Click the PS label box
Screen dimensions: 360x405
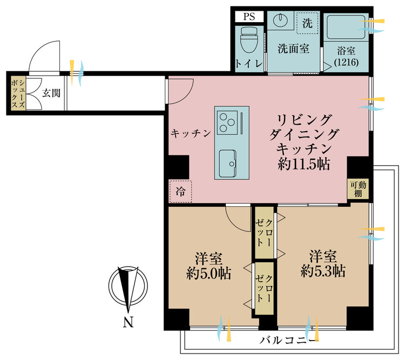tap(249, 16)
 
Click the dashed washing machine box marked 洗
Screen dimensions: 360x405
tap(307, 23)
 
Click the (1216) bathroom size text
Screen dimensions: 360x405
tap(346, 63)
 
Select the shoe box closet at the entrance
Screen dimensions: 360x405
tap(18, 93)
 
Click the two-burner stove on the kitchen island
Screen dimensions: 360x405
tap(227, 122)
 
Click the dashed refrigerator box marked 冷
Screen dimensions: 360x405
tap(180, 191)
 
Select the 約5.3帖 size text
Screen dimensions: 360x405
tap(323, 270)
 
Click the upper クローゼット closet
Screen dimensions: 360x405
tap(264, 232)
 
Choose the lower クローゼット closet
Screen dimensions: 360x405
tap(264, 288)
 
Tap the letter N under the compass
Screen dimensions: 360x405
tap(128, 323)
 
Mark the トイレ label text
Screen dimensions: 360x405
tap(249, 64)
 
